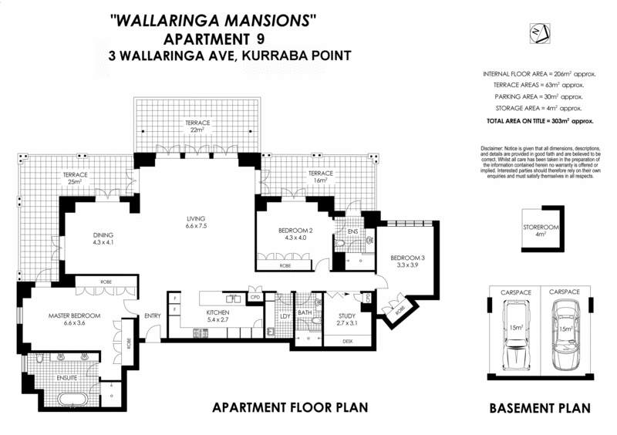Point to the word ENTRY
152,314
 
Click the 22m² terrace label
196,128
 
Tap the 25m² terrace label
76,179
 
